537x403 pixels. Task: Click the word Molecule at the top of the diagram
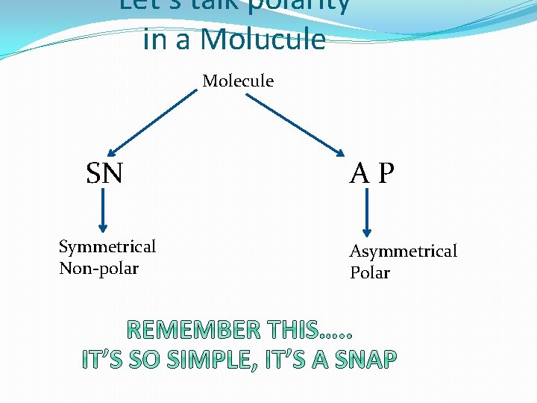238,81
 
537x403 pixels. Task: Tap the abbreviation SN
104,174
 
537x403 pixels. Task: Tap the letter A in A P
359,174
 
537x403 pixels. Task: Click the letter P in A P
386,174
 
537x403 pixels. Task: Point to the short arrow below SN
103,210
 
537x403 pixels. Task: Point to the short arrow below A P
367,213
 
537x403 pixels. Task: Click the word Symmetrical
107,246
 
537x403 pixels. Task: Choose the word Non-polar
98,268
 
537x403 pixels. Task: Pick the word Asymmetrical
403,251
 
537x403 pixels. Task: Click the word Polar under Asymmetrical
370,272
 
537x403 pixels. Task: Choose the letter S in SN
95,174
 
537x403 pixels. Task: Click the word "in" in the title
155,39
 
